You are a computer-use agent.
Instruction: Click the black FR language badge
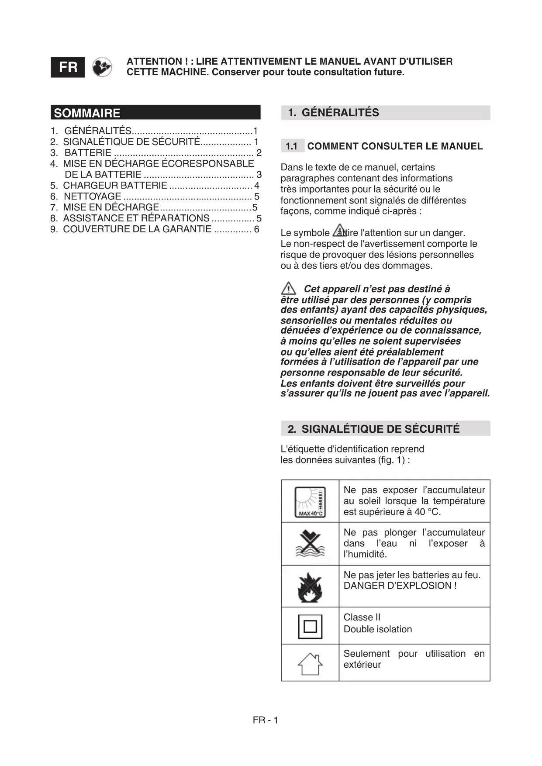click(68, 67)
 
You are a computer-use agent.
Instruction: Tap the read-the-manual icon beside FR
click(102, 67)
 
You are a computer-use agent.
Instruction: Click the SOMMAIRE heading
click(87, 113)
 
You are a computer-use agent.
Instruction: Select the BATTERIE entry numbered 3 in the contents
click(88, 153)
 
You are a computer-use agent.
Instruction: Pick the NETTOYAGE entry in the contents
click(93, 197)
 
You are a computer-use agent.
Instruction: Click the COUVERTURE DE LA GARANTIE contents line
click(137, 229)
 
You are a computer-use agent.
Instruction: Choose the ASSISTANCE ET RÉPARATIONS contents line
click(136, 218)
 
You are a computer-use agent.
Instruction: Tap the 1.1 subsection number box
click(292, 146)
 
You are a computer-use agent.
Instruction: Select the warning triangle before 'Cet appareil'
click(288, 289)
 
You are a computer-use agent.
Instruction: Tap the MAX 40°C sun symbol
click(310, 501)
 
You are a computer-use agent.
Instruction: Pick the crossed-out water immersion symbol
click(310, 544)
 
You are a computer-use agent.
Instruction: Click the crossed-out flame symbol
click(310, 587)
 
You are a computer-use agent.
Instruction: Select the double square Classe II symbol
click(310, 626)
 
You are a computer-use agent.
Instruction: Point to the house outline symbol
click(310, 663)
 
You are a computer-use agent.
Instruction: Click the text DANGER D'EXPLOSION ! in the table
click(400, 586)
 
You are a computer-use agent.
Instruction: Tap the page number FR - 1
click(265, 720)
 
